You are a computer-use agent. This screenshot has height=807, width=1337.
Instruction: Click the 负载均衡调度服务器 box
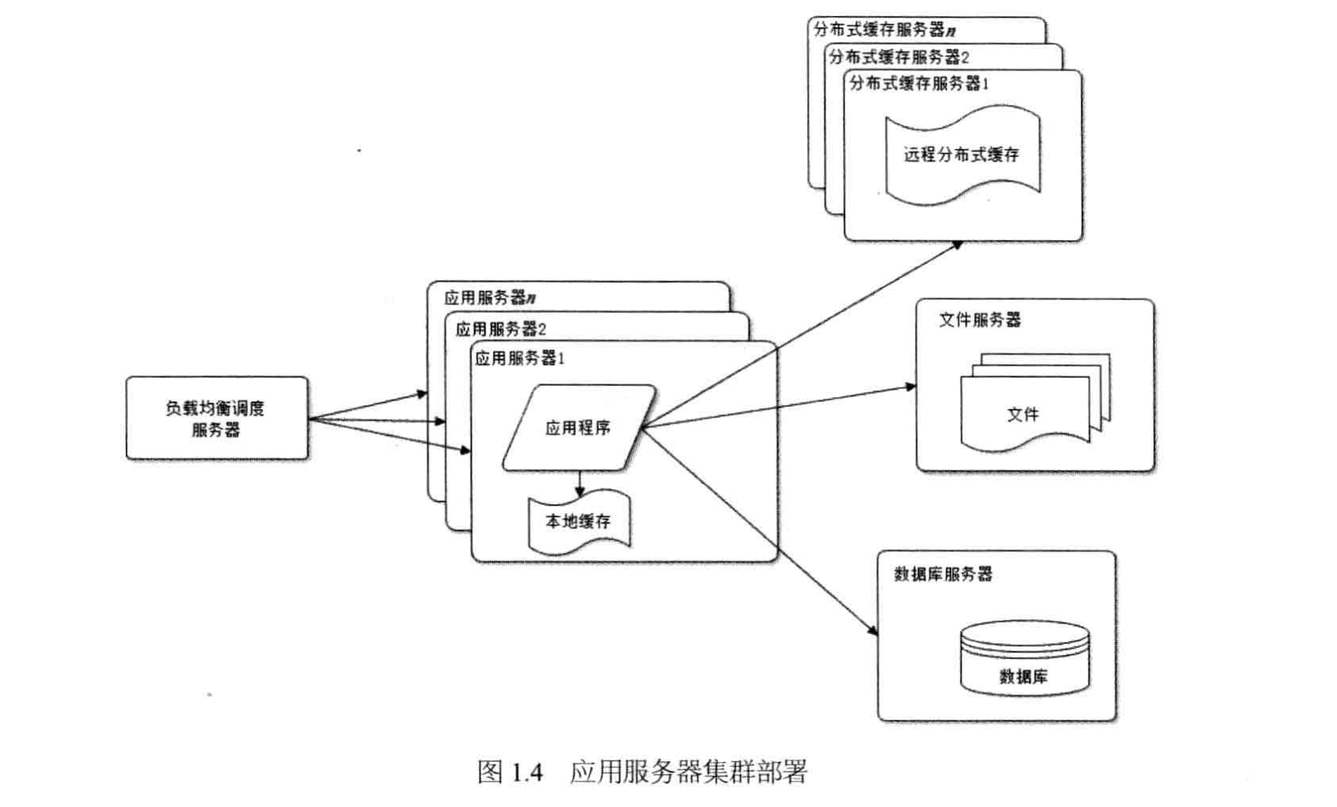(217, 418)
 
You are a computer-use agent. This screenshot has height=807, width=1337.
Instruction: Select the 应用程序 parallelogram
(579, 428)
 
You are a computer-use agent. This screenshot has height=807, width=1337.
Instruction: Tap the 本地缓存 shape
(579, 522)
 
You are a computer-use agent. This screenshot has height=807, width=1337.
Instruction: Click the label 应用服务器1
(520, 358)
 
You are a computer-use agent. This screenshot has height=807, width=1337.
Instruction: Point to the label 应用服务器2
(501, 329)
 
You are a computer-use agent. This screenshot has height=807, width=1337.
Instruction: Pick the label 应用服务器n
(490, 297)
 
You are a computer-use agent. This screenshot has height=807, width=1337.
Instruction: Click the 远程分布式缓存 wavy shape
(963, 155)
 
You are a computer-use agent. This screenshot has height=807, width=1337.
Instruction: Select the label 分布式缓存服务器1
(919, 83)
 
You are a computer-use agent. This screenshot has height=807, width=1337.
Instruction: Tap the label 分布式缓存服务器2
(899, 58)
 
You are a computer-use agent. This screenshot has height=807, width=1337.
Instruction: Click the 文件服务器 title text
(980, 320)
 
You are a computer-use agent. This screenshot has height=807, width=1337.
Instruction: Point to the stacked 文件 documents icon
(1036, 403)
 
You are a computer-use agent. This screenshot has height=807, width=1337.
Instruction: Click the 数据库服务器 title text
(943, 574)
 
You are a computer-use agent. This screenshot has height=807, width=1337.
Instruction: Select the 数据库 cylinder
(1025, 658)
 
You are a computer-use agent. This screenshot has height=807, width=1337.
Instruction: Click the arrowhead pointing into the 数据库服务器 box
(873, 630)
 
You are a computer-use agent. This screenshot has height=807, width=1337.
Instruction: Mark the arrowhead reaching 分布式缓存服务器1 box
(957, 245)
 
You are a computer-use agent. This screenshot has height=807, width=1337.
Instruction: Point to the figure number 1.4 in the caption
(527, 773)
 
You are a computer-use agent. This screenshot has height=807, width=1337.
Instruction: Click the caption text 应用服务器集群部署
(689, 772)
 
